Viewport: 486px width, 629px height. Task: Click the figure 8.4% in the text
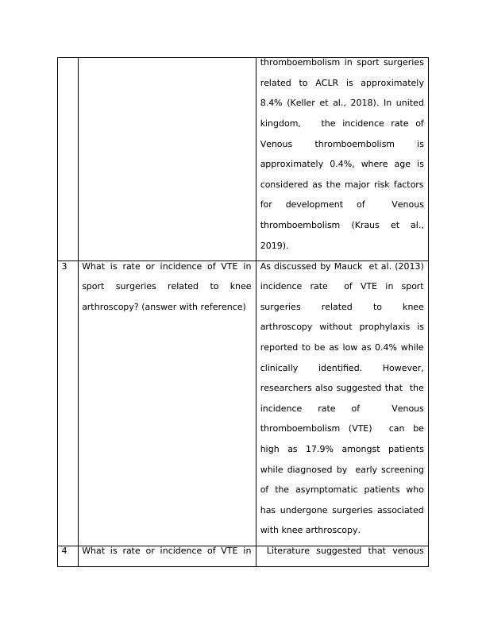click(273, 103)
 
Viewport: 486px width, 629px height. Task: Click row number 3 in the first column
click(64, 266)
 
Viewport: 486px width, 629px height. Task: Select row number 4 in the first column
click(64, 550)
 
